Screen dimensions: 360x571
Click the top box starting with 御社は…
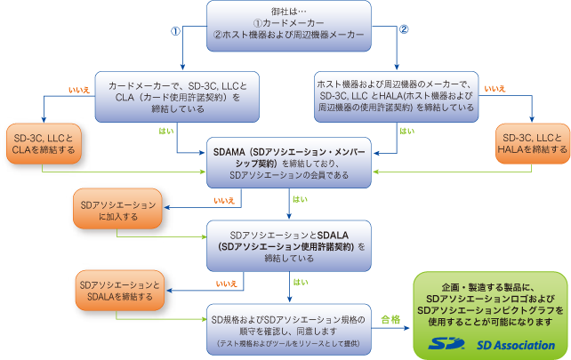[x=288, y=22]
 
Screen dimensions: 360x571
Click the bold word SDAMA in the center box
[x=235, y=152]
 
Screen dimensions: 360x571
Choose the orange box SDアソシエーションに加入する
[x=118, y=211]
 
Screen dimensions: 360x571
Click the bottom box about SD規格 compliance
[x=288, y=325]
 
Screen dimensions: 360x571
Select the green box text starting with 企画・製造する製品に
[x=490, y=303]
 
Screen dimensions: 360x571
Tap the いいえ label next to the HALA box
[x=495, y=89]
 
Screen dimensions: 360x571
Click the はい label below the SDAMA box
[x=302, y=201]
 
